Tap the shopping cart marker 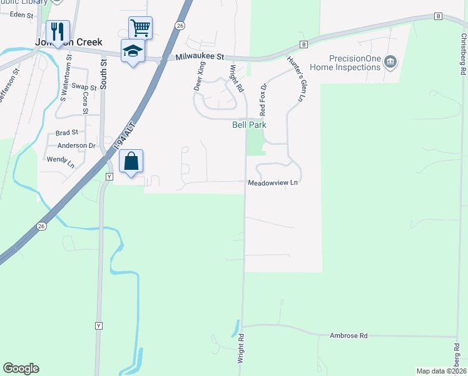tap(140, 28)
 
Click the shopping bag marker tap(131, 162)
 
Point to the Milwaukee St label tap(200, 56)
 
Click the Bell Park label tap(250, 125)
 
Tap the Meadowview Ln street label tap(272, 183)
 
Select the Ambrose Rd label tap(348, 336)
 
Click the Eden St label tap(21, 14)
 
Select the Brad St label tap(66, 133)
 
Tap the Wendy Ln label tap(61, 159)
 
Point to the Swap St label tap(83, 86)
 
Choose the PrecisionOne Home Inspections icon tap(391, 61)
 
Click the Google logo tap(21, 368)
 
